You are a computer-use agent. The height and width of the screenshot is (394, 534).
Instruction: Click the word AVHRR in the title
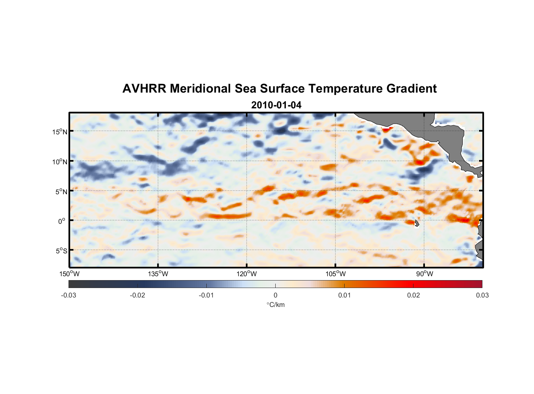point(144,89)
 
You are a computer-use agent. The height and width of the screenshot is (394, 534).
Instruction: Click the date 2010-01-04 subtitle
point(276,105)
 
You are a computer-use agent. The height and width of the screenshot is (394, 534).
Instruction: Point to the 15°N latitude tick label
point(60,132)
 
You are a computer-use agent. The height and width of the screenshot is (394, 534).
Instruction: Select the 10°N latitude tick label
point(60,162)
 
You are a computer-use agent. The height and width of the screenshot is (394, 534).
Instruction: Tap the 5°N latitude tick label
point(61,191)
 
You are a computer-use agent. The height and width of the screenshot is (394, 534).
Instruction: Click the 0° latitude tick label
point(62,221)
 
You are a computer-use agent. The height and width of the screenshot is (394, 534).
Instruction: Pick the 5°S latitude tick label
point(61,251)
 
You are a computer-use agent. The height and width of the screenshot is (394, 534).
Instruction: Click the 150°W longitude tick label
point(69,274)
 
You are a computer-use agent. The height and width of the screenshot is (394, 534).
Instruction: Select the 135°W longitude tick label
point(158,274)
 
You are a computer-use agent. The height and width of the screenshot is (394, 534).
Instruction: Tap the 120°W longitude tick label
point(247,274)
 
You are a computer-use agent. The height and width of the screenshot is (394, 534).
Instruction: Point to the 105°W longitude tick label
point(336,274)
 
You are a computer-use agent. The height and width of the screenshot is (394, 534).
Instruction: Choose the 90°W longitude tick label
point(424,274)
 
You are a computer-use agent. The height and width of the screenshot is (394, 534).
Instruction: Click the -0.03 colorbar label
point(69,295)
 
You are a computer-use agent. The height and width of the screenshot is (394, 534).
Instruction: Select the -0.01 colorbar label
point(206,295)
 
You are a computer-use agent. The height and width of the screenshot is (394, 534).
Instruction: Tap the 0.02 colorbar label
point(413,295)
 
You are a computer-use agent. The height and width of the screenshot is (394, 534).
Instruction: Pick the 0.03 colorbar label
point(482,295)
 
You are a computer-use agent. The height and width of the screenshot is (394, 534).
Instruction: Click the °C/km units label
point(275,305)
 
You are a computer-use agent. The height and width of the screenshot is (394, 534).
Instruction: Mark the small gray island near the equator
point(417,223)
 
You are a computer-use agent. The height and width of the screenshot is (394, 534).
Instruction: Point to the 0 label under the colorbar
point(275,295)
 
